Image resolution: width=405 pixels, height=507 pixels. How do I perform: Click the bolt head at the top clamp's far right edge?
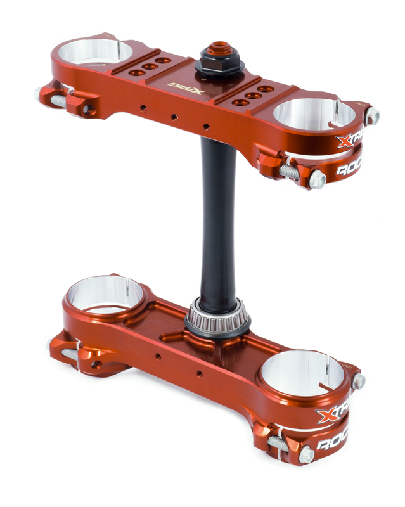373,117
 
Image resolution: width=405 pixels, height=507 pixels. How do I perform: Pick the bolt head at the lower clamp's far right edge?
359,381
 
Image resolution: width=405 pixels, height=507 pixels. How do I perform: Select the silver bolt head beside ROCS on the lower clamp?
307,454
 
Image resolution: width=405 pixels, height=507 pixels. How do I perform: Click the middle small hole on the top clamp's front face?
174,117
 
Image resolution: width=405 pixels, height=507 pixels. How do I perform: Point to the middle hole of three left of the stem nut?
150,66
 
